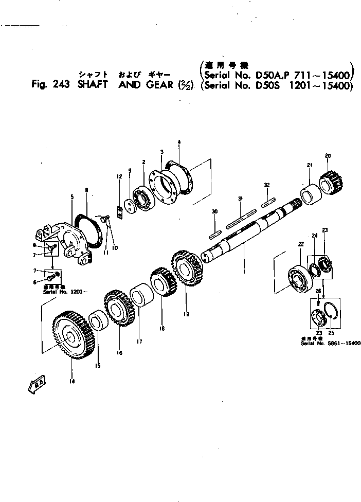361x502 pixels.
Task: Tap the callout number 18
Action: (x=163, y=328)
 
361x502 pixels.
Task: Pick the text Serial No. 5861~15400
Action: (x=331, y=343)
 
